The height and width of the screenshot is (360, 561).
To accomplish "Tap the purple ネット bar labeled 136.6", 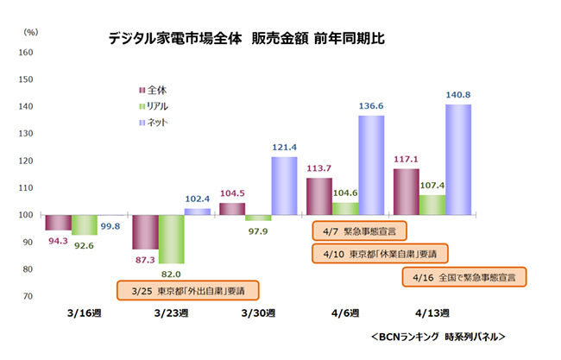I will (371, 164).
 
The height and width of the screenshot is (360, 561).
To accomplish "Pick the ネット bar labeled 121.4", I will (284, 185).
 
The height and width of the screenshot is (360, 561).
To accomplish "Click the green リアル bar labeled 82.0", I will (171, 239).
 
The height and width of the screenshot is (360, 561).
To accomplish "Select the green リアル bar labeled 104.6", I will (345, 208).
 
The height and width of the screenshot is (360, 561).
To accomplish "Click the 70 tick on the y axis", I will (28, 296).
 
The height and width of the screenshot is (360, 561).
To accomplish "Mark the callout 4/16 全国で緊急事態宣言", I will (465, 277).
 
